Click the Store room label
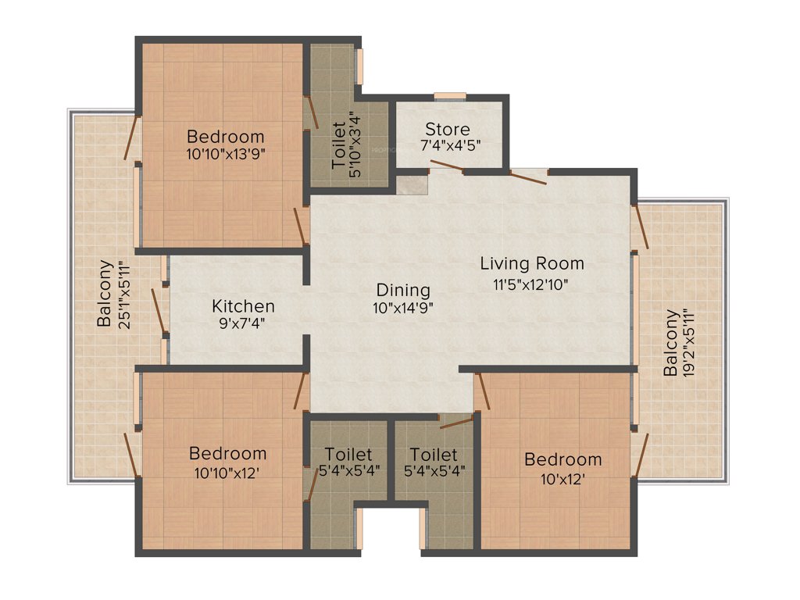tap(448, 129)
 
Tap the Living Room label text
tap(531, 263)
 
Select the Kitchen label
tap(243, 306)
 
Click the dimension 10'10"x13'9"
tap(226, 154)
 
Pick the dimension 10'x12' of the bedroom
tap(562, 478)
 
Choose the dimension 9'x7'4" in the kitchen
tap(243, 324)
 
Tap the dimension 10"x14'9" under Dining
tap(403, 308)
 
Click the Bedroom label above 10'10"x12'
tap(227, 453)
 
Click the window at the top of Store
tap(449, 96)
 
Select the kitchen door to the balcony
tap(159, 310)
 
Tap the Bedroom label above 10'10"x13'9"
tap(226, 136)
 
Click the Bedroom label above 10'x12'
tap(562, 459)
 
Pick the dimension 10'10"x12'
tap(227, 472)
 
